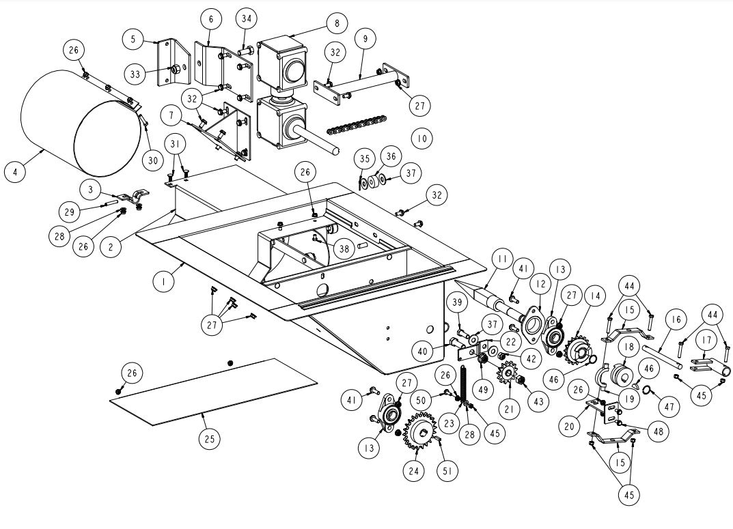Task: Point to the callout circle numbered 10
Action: tap(421, 139)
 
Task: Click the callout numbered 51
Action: tap(450, 472)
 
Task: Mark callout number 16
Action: tap(676, 319)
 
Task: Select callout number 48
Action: tap(658, 431)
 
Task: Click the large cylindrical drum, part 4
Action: tap(75, 130)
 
